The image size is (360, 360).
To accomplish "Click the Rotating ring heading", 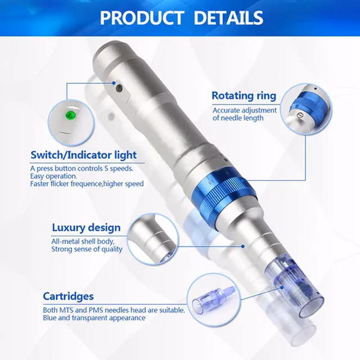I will point(244,96).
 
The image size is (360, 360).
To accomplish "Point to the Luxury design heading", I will point(85,228).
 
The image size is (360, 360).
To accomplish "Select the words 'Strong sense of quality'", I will point(87,249).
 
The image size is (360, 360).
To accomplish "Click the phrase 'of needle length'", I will point(238,118).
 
